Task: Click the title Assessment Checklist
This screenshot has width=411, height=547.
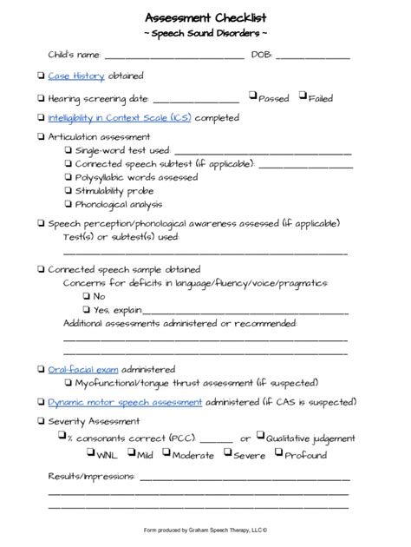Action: pyautogui.click(x=205, y=17)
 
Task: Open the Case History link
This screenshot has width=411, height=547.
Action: pyautogui.click(x=76, y=76)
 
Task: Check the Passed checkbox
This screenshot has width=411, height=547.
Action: pyautogui.click(x=252, y=96)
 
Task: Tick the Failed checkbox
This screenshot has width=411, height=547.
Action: pyautogui.click(x=303, y=96)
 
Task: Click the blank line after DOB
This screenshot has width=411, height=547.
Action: pyautogui.click(x=313, y=56)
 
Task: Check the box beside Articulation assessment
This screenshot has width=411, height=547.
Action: pyautogui.click(x=41, y=137)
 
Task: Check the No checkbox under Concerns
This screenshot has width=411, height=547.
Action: pyautogui.click(x=87, y=296)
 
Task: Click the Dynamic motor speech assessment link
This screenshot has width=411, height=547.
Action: pyautogui.click(x=125, y=402)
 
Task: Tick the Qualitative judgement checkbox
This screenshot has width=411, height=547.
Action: pyautogui.click(x=260, y=437)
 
